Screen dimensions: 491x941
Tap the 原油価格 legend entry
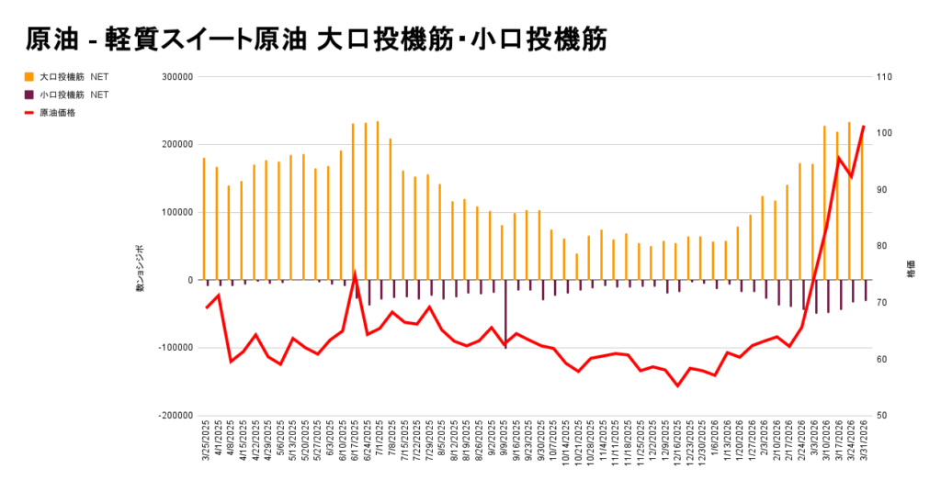(57, 112)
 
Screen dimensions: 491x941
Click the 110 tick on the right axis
(885, 77)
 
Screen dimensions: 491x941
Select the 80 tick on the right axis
(883, 246)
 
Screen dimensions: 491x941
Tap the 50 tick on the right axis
(883, 415)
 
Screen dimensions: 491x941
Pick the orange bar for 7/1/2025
(378, 200)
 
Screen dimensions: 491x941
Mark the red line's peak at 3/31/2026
(863, 127)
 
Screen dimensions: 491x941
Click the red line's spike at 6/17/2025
(355, 273)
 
